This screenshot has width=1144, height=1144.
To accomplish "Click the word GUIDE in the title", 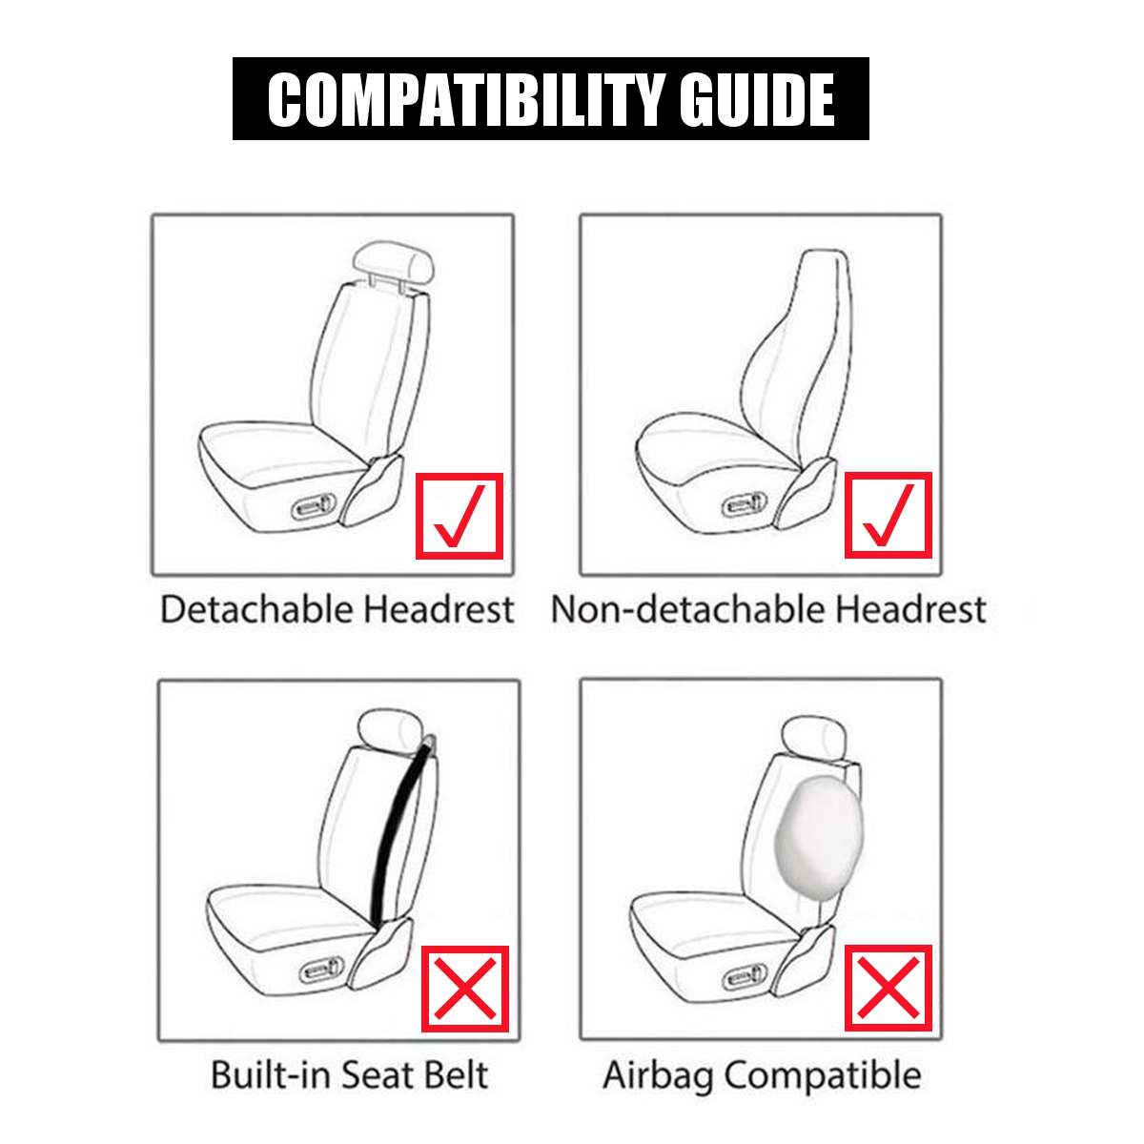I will (x=757, y=99).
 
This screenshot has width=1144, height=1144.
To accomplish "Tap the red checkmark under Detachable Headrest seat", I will (x=460, y=516).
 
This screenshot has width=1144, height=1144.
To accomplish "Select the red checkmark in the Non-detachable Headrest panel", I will (x=889, y=516).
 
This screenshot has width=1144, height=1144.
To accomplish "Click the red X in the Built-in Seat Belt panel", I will (x=465, y=989).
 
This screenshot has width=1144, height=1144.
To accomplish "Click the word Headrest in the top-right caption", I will (x=913, y=609).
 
